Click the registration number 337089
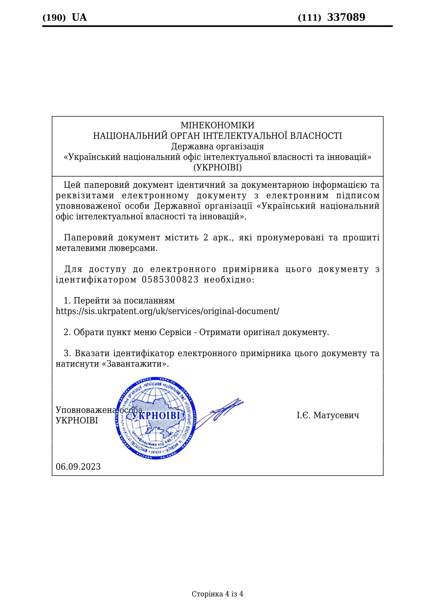[346, 17]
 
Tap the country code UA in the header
[79, 17]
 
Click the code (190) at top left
[54, 18]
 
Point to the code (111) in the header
[309, 18]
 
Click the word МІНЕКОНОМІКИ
[217, 125]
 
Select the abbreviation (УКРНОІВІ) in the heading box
[217, 167]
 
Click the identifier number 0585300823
[170, 280]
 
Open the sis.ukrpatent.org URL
[167, 311]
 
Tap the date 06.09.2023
[78, 467]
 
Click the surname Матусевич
[336, 415]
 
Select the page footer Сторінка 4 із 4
[217, 594]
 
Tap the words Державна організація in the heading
[217, 147]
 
